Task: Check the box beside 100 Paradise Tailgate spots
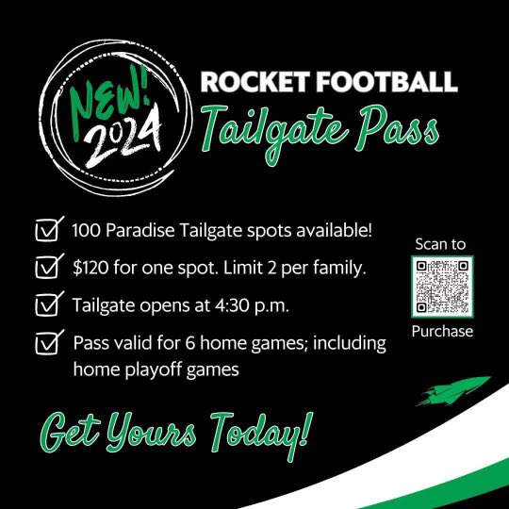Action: click(45, 230)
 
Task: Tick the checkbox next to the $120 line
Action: click(45, 270)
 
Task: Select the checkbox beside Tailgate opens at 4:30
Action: click(45, 305)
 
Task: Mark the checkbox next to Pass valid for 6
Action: click(45, 344)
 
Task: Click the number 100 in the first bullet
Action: click(88, 230)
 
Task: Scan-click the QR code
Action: click(441, 287)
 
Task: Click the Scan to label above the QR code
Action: click(441, 244)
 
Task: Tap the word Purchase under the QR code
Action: click(441, 331)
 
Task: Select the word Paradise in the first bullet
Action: click(148, 230)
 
